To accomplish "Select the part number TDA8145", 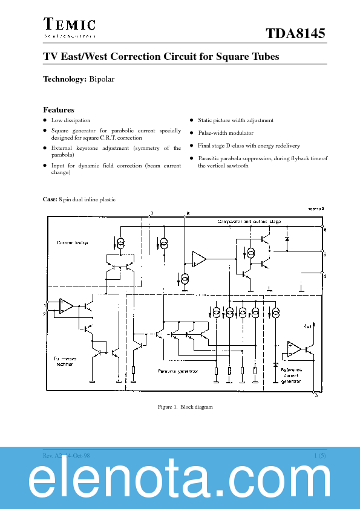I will pos(296,34).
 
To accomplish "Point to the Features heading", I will pos(59,109).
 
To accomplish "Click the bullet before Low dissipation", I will pos(44,120).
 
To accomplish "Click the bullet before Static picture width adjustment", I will pos(192,120).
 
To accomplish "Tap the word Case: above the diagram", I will pos(50,199).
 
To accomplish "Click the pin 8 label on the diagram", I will pos(188,213).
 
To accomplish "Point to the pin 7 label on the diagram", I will pos(151,213).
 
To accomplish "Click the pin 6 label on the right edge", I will pos(324,230).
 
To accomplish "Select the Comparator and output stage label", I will pos(249,222).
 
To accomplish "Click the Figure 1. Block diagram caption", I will pos(185,407).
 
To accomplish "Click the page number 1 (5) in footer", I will pos(320,455).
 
